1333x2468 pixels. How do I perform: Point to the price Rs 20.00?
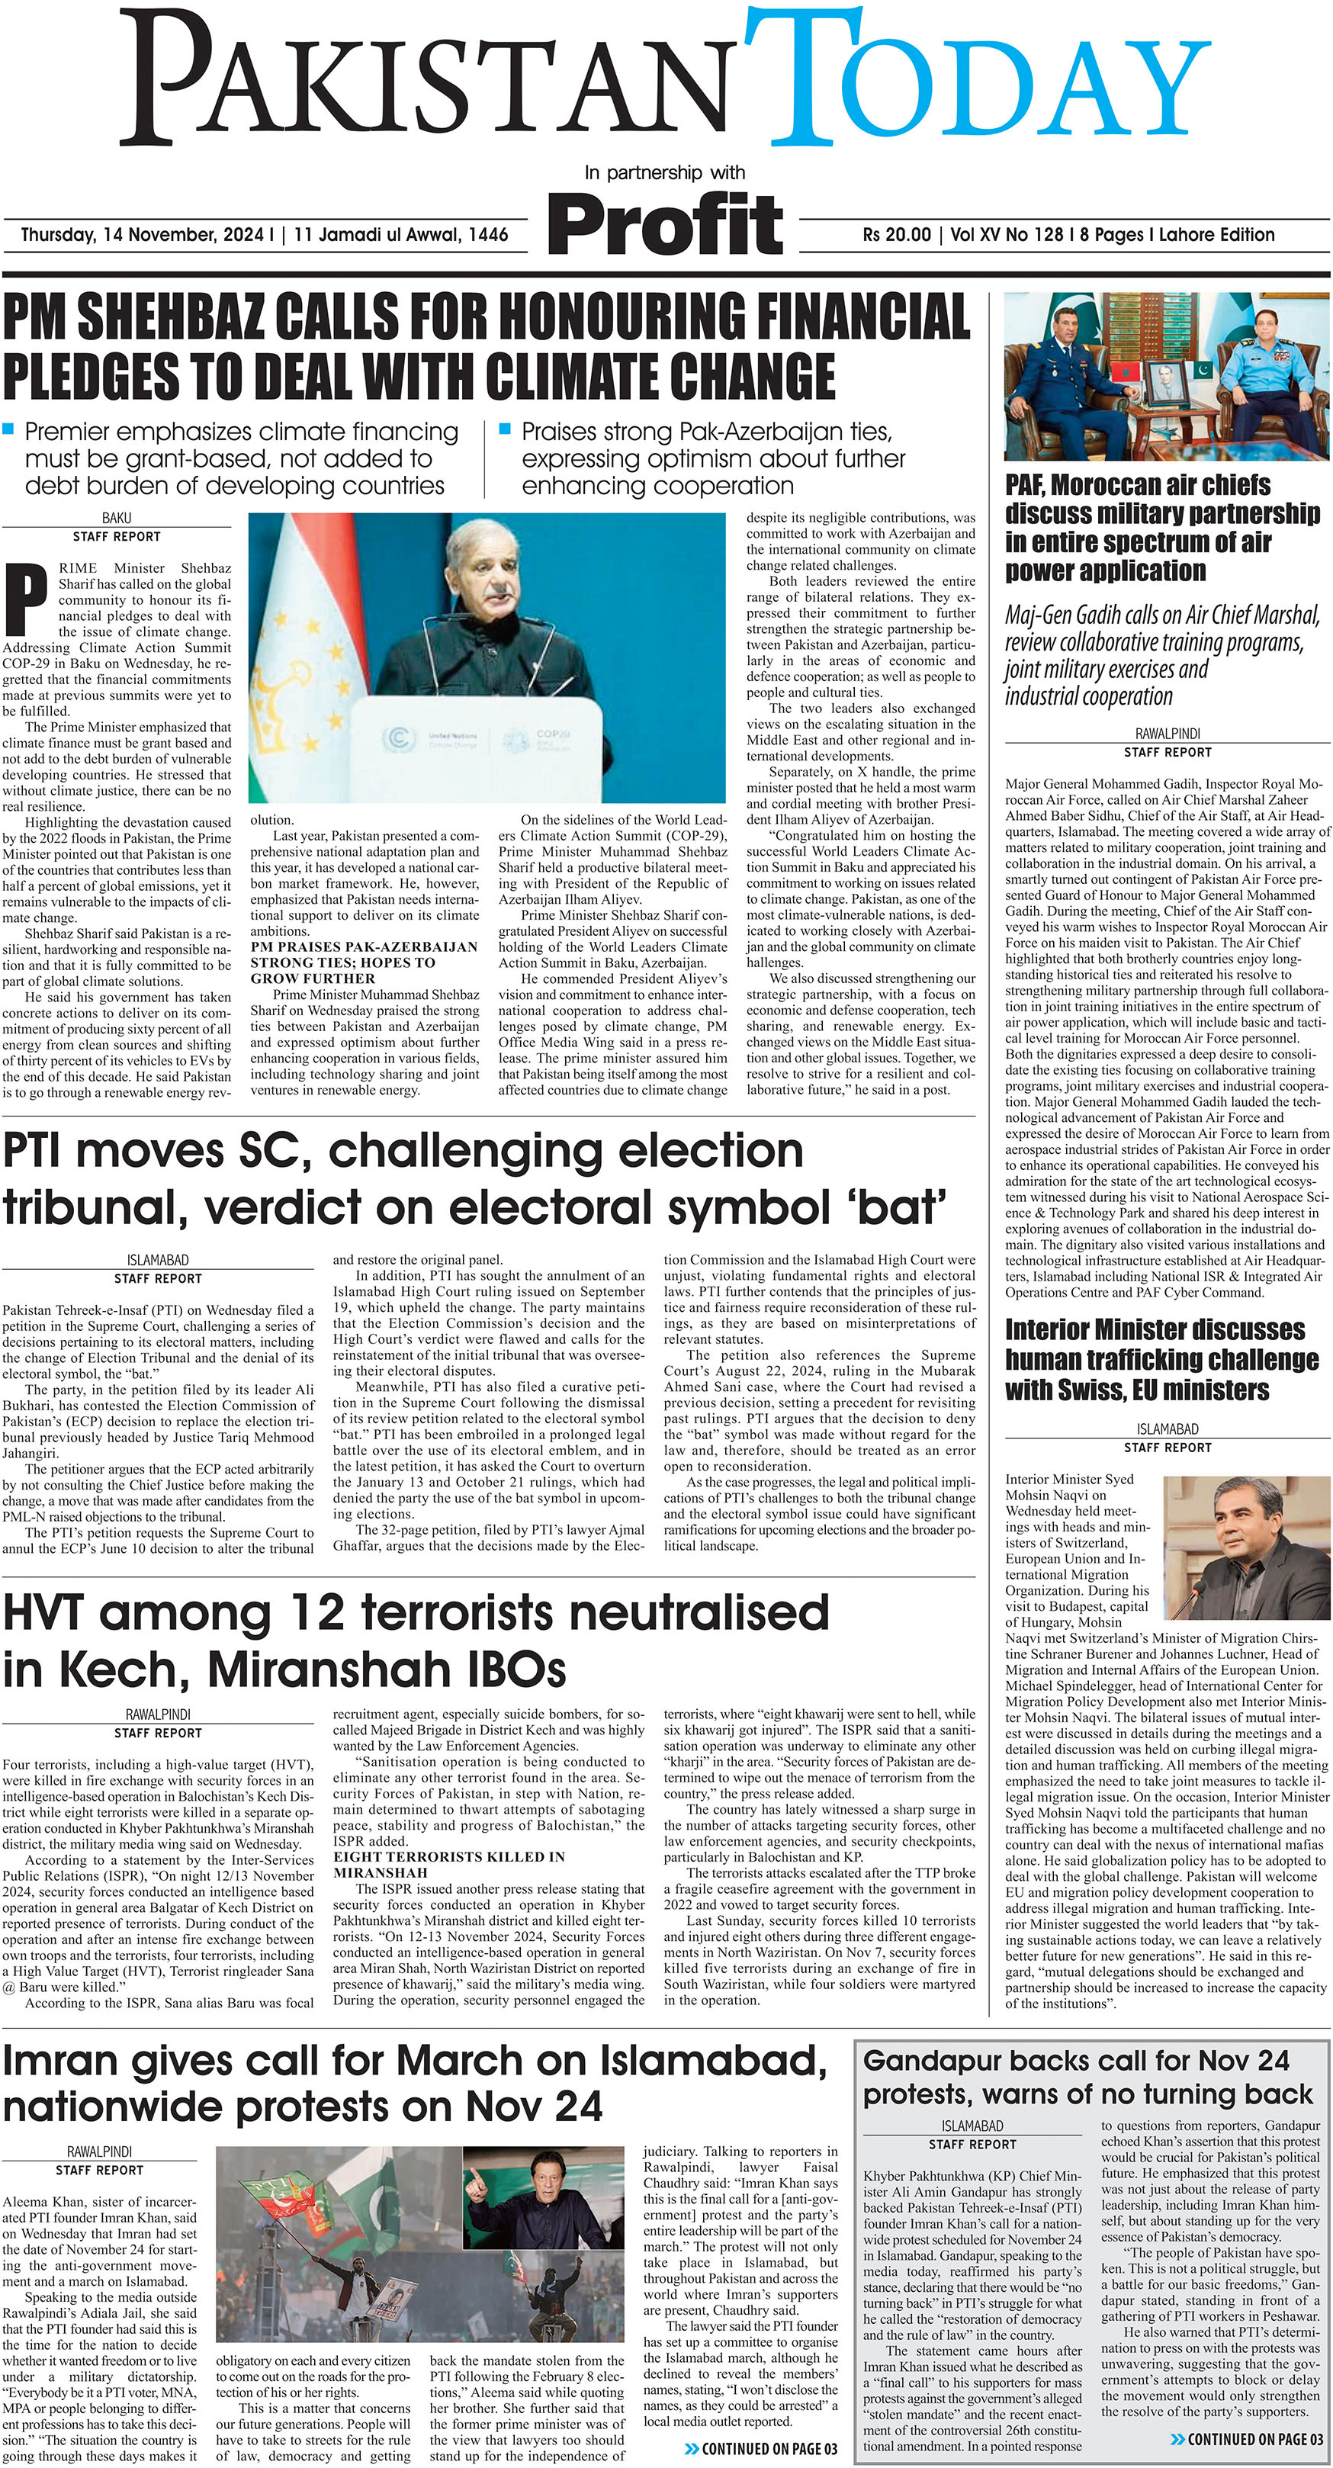coord(896,235)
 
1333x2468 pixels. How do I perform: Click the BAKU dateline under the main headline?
coord(116,519)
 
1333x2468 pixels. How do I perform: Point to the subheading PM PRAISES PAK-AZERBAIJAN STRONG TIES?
coord(365,962)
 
